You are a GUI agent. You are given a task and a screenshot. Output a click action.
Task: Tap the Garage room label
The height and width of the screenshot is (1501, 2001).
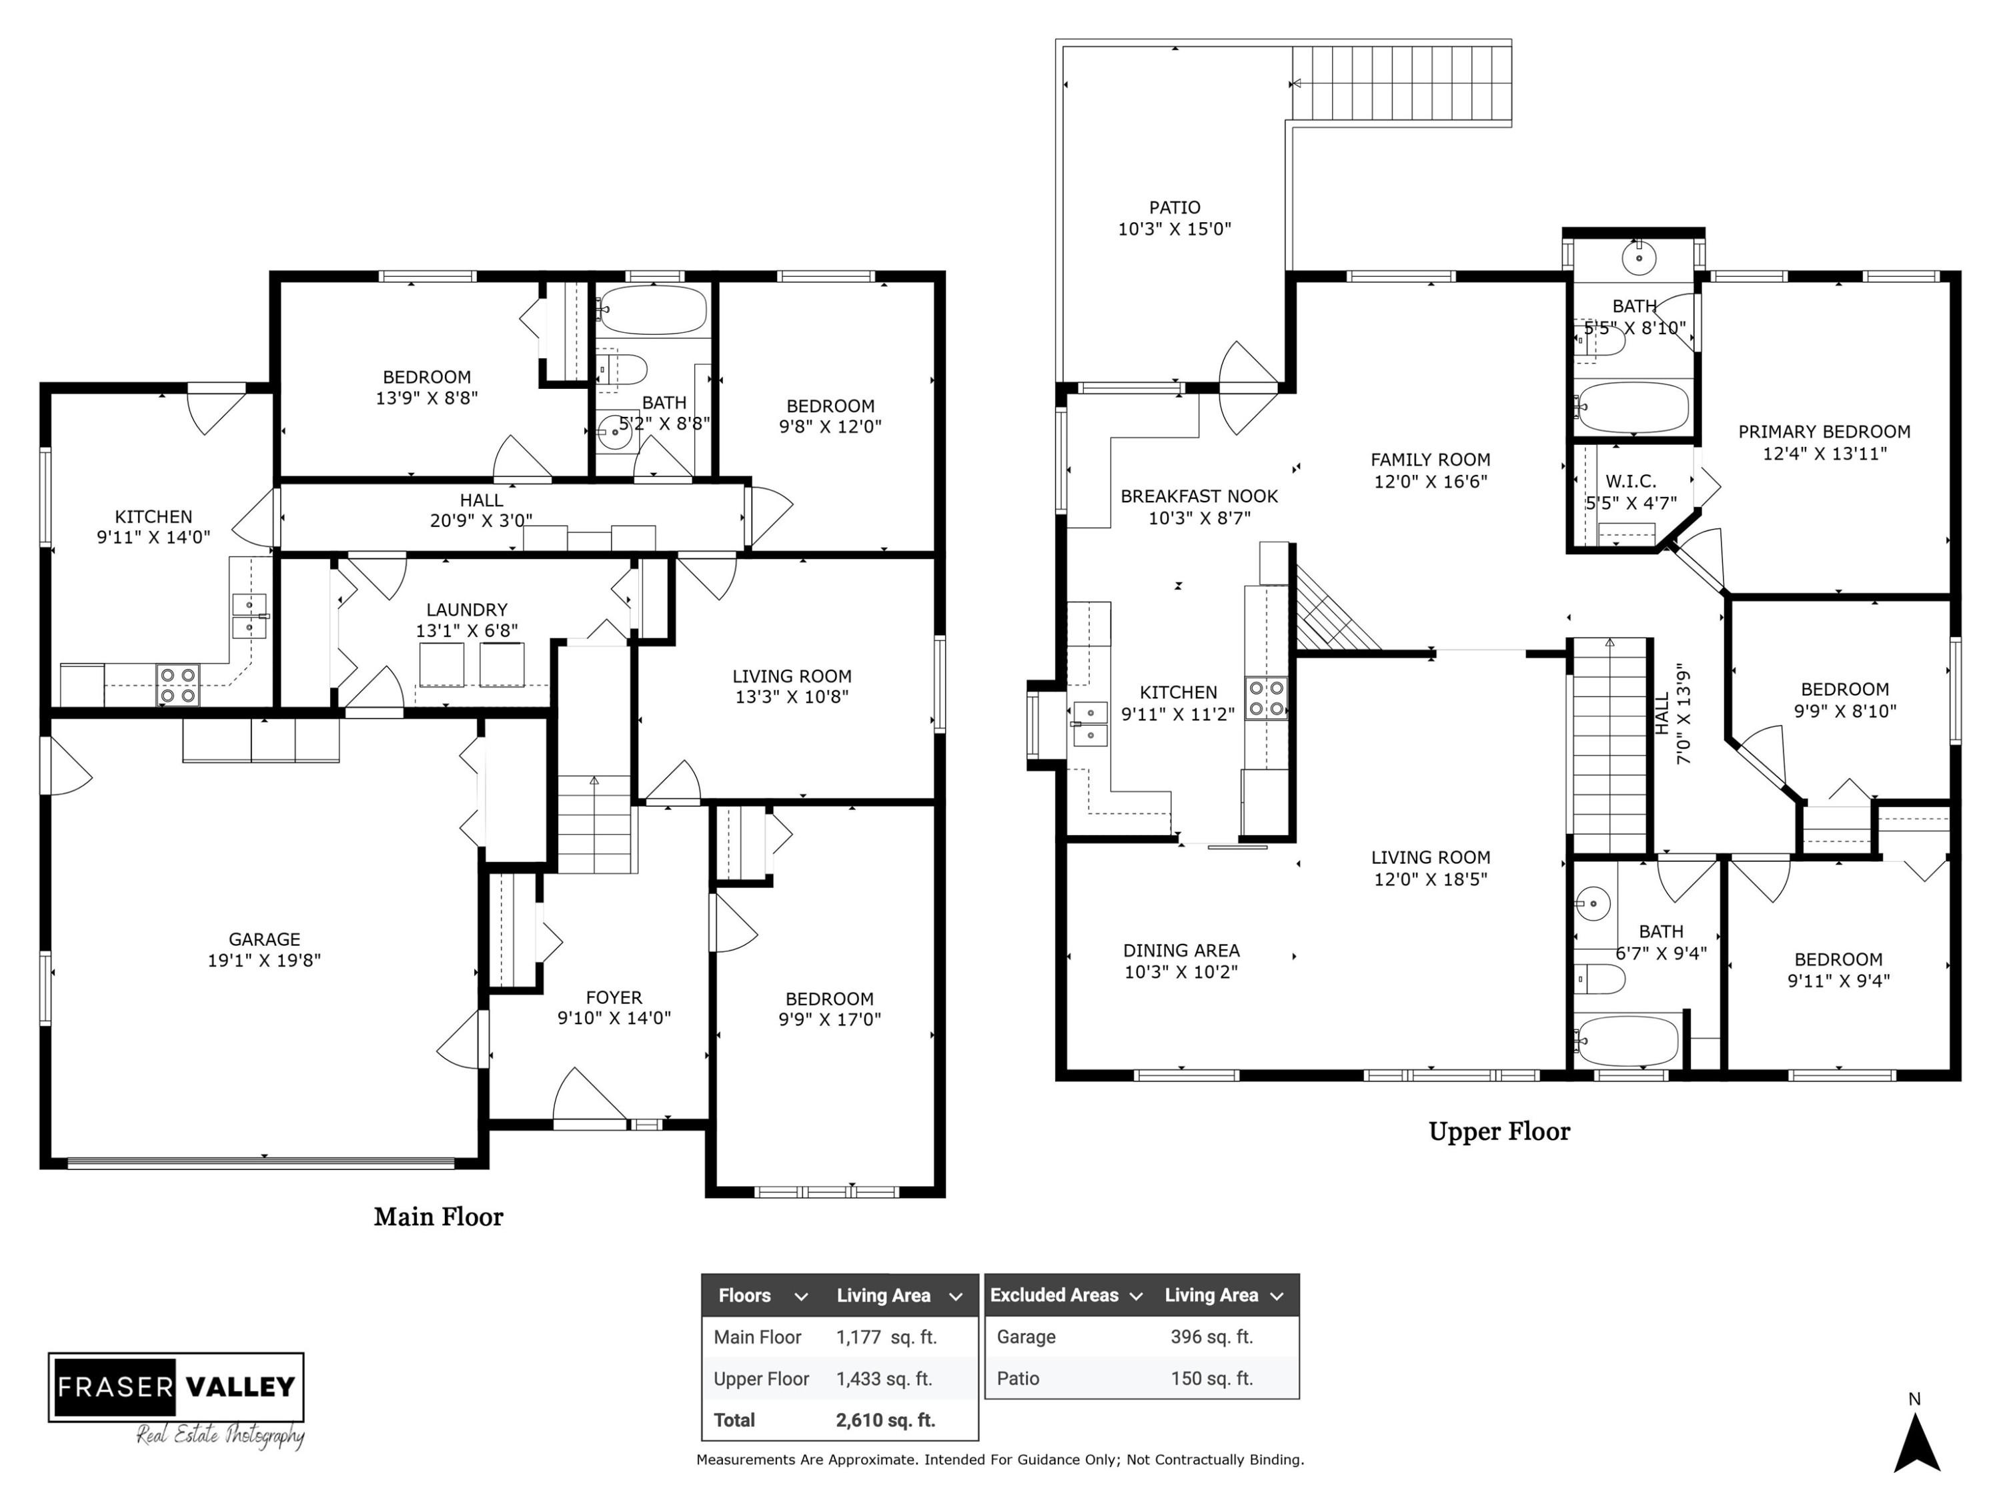point(264,939)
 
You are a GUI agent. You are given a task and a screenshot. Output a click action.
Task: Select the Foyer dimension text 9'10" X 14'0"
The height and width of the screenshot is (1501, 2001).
point(614,1018)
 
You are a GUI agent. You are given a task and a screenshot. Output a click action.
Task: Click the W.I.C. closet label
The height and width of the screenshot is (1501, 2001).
point(1631,482)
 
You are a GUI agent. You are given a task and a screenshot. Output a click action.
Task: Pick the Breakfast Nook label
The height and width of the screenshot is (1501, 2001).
point(1199,496)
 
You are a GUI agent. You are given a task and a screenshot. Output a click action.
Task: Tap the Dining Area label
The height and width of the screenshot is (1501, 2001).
point(1181,950)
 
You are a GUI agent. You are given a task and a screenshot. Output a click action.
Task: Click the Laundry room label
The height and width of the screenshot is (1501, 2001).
point(467,610)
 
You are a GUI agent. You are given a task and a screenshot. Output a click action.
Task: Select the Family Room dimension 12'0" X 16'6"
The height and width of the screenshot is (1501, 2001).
point(1430,482)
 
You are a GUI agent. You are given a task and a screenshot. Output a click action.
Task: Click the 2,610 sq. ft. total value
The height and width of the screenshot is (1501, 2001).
point(886,1420)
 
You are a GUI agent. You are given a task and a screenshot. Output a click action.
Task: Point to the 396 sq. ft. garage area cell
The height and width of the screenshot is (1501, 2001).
point(1211,1336)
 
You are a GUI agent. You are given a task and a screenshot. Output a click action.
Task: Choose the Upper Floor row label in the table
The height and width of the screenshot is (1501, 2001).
point(761,1379)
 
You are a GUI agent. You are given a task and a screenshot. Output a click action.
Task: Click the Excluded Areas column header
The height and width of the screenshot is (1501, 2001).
point(1055,1295)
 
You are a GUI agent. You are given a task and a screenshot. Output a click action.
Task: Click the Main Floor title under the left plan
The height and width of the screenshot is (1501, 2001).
point(439,1217)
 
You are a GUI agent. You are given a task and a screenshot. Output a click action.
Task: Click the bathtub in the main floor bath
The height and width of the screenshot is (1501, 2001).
point(651,310)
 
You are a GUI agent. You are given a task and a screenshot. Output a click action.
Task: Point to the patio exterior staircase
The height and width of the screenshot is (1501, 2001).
point(1401,83)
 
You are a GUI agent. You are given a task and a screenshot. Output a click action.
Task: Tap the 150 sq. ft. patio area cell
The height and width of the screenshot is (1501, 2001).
point(1211,1378)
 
